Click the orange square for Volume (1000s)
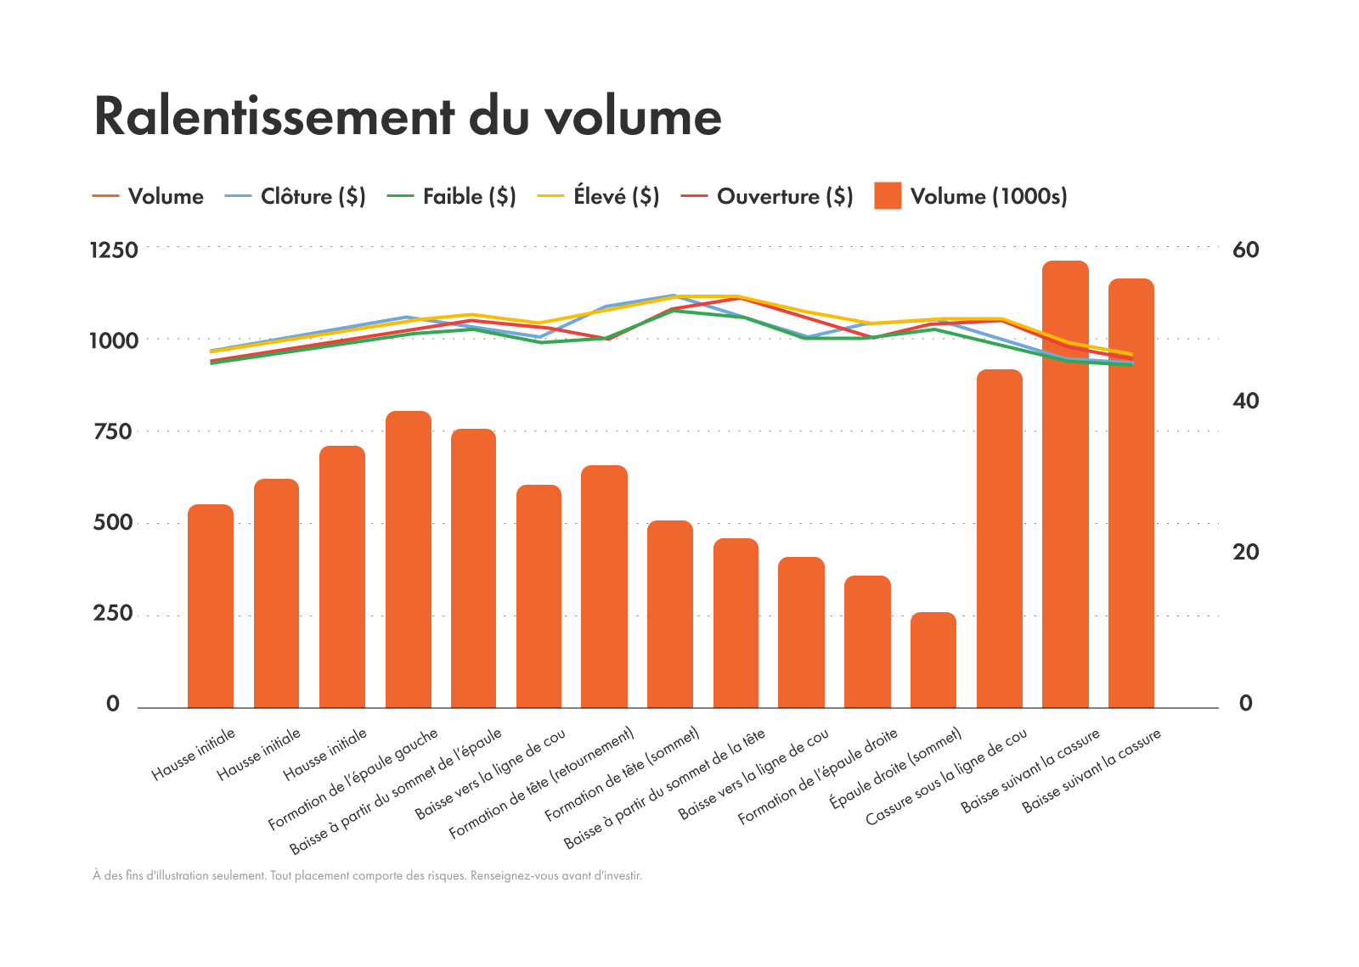pos(888,196)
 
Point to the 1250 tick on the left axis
pos(114,250)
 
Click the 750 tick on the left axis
pos(114,432)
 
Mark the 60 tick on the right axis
pos(1245,250)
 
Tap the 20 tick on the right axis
pos(1245,553)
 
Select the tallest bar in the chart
pos(1065,484)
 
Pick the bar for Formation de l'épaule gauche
pos(409,560)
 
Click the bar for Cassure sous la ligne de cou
pos(1000,539)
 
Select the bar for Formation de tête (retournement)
pos(604,586)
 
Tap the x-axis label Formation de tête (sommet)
pos(623,773)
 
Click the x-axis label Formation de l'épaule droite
pos(818,777)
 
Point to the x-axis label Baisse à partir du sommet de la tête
pos(665,789)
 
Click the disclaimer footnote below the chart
pos(367,875)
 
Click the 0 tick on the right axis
pos(1245,704)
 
